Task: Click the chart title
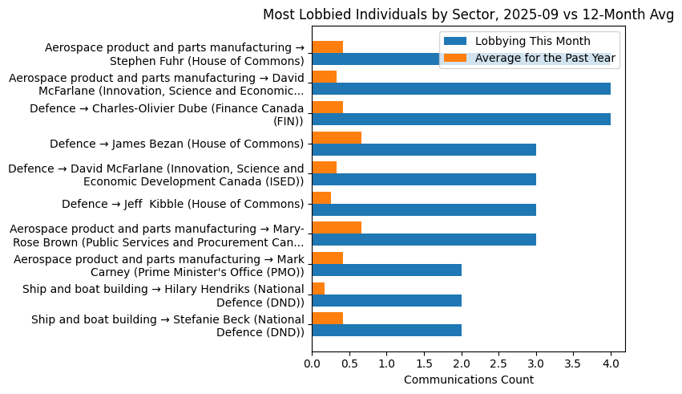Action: click(x=468, y=14)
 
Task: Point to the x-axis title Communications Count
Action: click(x=468, y=380)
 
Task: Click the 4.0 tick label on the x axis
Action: click(x=611, y=364)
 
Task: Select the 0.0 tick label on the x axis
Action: click(x=312, y=364)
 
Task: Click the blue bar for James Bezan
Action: click(x=424, y=149)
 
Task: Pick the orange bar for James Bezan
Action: click(x=337, y=137)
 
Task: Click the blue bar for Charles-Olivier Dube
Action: click(x=461, y=120)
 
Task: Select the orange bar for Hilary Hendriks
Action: click(x=318, y=288)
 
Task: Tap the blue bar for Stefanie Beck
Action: click(x=386, y=331)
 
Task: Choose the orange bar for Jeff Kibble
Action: click(x=321, y=197)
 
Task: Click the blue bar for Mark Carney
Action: click(x=386, y=270)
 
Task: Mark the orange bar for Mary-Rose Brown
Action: click(x=337, y=228)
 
